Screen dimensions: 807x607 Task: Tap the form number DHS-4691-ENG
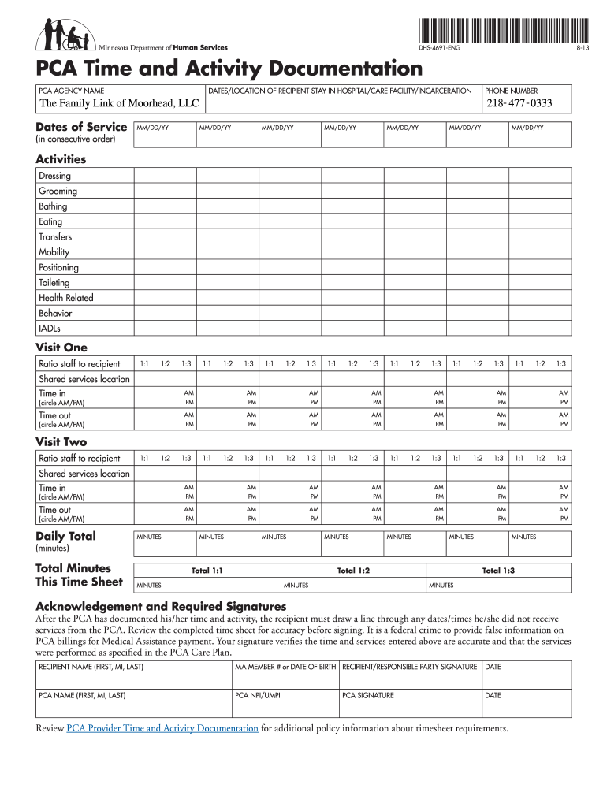[437, 49]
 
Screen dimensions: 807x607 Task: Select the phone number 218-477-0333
[519, 104]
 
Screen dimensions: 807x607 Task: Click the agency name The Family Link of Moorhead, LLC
[119, 104]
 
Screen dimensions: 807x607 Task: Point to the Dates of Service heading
[81, 127]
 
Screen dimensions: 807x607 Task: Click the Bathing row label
[53, 206]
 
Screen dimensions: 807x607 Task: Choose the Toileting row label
[54, 283]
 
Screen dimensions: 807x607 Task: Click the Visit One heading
[61, 348]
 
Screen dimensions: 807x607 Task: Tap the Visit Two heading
[61, 442]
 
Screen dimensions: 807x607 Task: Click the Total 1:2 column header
[353, 571]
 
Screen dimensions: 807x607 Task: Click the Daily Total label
[66, 537]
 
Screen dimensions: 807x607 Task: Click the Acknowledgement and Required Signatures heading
[161, 607]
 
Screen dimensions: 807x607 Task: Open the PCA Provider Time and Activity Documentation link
[162, 728]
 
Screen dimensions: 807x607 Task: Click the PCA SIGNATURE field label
[368, 696]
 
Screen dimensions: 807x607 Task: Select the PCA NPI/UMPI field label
[258, 696]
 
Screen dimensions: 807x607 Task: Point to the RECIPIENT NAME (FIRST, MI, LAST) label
[91, 668]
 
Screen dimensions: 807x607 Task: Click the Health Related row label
[65, 298]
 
